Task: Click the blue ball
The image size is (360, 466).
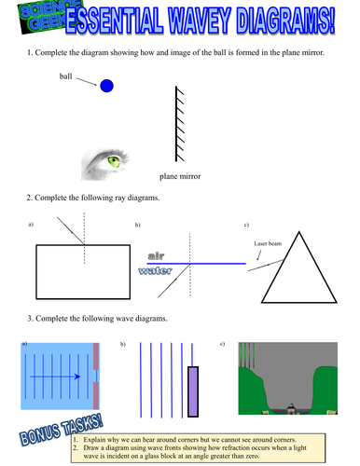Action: pos(106,86)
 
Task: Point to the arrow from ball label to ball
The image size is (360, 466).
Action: pos(86,80)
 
